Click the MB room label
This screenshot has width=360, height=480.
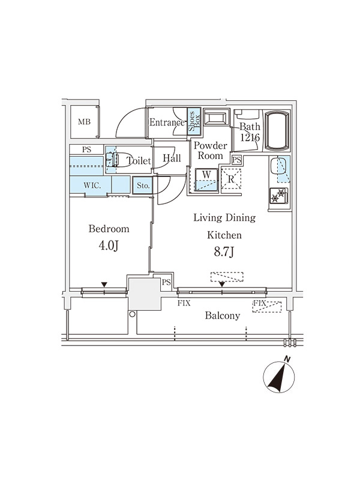coord(84,122)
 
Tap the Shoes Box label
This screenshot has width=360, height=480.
coord(194,121)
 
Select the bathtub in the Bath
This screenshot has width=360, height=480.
coord(277,131)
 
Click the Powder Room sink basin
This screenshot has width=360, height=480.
coord(217,118)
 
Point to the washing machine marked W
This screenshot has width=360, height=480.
coord(206,180)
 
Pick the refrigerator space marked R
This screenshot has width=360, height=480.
coord(231,179)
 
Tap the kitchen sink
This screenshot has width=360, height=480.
coord(280,169)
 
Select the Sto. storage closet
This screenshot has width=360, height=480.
coord(142,185)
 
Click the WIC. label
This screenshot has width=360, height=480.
coord(92,185)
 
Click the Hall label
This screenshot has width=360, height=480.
coord(172,158)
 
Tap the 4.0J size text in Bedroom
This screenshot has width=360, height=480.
coord(109,245)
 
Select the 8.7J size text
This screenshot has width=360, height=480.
coord(224,251)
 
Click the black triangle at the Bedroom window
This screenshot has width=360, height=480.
coord(104,284)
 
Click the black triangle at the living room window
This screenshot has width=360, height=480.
coord(222,284)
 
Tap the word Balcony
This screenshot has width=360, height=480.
coord(223,316)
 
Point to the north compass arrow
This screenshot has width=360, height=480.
coord(279,376)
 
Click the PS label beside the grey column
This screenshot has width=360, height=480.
coord(166,282)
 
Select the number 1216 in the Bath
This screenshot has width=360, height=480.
coord(250,138)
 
